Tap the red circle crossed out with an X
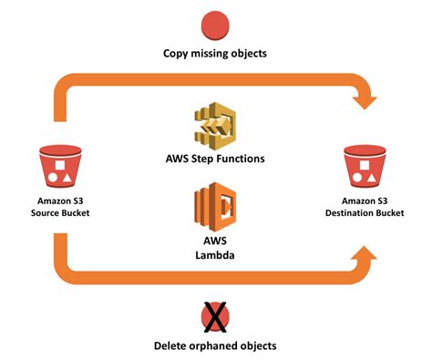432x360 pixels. click(x=215, y=317)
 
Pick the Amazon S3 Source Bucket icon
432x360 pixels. click(x=57, y=166)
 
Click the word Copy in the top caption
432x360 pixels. click(x=173, y=54)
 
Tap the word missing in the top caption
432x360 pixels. click(x=212, y=54)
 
